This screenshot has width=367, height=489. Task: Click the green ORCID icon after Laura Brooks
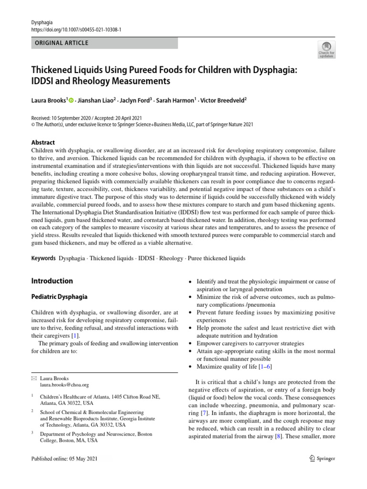click(72, 101)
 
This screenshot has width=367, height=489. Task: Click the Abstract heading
click(43, 142)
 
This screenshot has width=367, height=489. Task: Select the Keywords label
click(43, 258)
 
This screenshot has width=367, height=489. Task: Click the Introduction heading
click(52, 281)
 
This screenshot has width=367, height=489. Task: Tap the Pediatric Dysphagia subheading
click(59, 297)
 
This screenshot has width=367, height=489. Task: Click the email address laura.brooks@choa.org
click(65, 384)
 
